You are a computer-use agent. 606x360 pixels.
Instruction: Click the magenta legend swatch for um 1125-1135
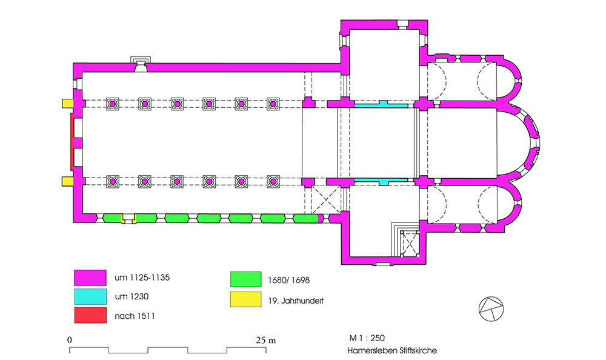pos(90,278)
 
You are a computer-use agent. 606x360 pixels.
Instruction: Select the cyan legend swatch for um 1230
pos(90,296)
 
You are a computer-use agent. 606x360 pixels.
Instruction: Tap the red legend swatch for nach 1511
pos(90,315)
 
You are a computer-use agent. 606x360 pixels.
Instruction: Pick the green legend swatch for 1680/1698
pos(246,279)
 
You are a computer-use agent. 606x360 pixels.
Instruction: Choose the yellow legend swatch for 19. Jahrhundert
pos(246,299)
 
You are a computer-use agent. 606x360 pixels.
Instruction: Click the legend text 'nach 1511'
pos(135,316)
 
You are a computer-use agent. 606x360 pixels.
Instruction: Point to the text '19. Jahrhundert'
pos(296,301)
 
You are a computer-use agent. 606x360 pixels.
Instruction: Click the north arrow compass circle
pos(491,309)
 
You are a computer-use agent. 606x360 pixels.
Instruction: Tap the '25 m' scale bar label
pos(266,340)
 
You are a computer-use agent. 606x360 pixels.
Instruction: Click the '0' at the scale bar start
pos(70,340)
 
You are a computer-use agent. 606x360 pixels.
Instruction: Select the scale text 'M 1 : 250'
pos(367,338)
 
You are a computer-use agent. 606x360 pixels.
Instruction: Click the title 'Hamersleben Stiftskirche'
pos(392,351)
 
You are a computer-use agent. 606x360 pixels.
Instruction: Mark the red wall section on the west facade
pos(72,142)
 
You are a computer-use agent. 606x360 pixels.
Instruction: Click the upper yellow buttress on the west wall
pos(68,104)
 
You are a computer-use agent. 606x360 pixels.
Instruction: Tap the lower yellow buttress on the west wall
pos(68,181)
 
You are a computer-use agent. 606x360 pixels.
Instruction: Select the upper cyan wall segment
pos(381,104)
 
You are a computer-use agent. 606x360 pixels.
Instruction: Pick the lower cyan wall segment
pos(381,181)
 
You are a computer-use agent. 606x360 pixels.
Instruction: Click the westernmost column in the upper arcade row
pos(113,104)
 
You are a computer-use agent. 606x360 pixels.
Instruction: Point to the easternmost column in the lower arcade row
pos(273,181)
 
